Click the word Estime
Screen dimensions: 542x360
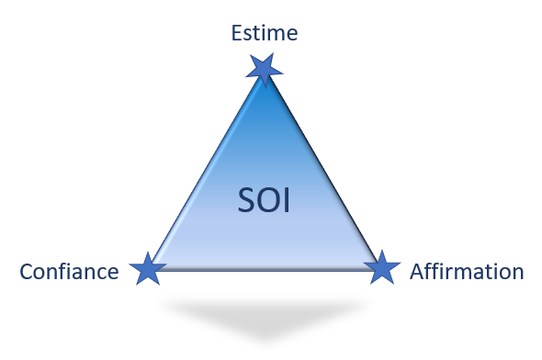(x=265, y=35)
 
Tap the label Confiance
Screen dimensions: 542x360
(x=69, y=272)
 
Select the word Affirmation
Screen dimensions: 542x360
(x=467, y=272)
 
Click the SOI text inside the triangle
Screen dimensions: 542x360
(x=264, y=200)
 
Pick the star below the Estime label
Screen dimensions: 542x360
(x=265, y=67)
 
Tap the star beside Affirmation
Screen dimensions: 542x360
(x=382, y=268)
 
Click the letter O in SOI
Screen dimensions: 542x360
(x=265, y=200)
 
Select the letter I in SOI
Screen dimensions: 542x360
(x=286, y=200)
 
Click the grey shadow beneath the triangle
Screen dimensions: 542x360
(x=264, y=317)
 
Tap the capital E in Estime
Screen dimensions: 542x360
(x=234, y=35)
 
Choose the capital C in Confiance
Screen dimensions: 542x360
(x=26, y=272)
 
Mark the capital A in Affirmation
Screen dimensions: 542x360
(x=416, y=272)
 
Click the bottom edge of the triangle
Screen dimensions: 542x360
(x=264, y=268)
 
